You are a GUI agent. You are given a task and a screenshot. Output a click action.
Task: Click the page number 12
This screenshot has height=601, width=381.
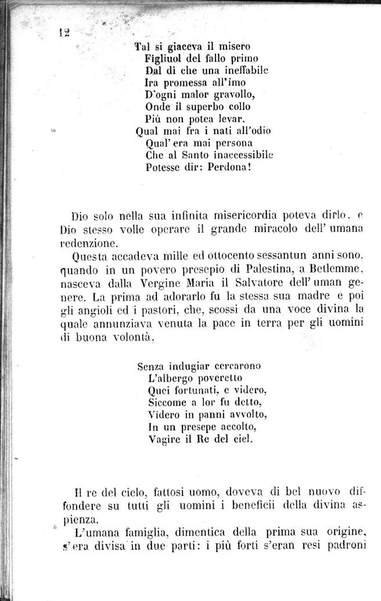64,33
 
